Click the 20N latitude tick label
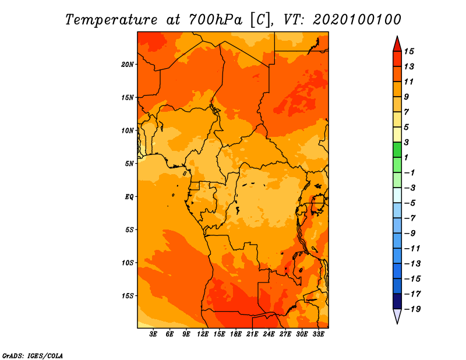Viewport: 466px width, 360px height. pyautogui.click(x=128, y=65)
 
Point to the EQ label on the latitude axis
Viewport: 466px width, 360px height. pyautogui.click(x=129, y=197)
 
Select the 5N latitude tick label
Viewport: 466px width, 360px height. pyautogui.click(x=129, y=164)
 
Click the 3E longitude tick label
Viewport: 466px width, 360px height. pyautogui.click(x=153, y=334)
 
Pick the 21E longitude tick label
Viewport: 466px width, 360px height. pyautogui.click(x=252, y=334)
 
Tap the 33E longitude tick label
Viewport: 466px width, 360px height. pyautogui.click(x=318, y=334)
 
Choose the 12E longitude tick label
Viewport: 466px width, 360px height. pyautogui.click(x=202, y=334)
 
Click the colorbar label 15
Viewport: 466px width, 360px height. pyautogui.click(x=409, y=51)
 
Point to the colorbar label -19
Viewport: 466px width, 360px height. pyautogui.click(x=412, y=309)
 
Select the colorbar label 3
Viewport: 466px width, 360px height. pyautogui.click(x=407, y=142)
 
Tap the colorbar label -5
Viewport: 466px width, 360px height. pyautogui.click(x=409, y=203)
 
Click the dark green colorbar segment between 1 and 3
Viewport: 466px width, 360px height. pyautogui.click(x=397, y=150)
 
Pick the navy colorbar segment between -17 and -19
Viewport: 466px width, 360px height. pyautogui.click(x=397, y=301)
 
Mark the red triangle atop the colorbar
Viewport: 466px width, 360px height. pyautogui.click(x=397, y=44)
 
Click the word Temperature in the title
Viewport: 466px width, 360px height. pyautogui.click(x=111, y=20)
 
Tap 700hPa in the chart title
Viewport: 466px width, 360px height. pyautogui.click(x=216, y=20)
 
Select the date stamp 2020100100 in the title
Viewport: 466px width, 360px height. pyautogui.click(x=357, y=20)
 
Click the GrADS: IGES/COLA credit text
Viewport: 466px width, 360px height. pyautogui.click(x=33, y=356)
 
